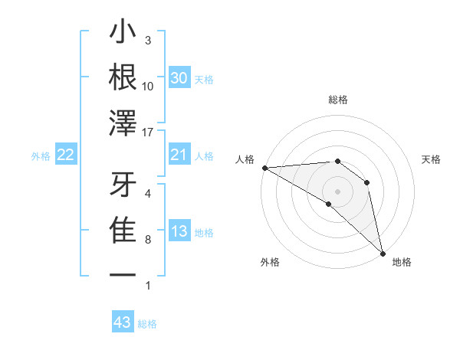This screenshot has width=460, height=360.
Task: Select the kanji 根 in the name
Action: coord(123,77)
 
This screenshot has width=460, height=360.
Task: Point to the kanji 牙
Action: coord(123,185)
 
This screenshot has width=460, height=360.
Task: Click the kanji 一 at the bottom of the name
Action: coord(123,273)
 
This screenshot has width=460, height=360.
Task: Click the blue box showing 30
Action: coord(179,78)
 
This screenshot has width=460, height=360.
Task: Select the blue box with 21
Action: coord(179,155)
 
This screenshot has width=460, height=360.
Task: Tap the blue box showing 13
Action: coord(179,232)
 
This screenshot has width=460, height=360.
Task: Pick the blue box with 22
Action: coord(66,155)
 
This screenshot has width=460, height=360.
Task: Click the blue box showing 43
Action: coord(123,322)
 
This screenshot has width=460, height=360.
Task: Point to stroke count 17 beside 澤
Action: coord(148,133)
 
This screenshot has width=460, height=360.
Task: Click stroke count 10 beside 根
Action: coord(148,87)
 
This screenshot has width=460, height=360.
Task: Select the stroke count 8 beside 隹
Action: coord(148,240)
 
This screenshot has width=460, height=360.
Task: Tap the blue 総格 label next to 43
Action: coord(148,324)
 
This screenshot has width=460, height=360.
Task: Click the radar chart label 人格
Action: coord(245,159)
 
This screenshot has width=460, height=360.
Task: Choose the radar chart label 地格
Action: coord(402,262)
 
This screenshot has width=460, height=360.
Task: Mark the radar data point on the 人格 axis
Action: coord(264,168)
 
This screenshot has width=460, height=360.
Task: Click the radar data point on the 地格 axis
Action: coord(382,253)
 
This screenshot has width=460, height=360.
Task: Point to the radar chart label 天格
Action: coord(432,159)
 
